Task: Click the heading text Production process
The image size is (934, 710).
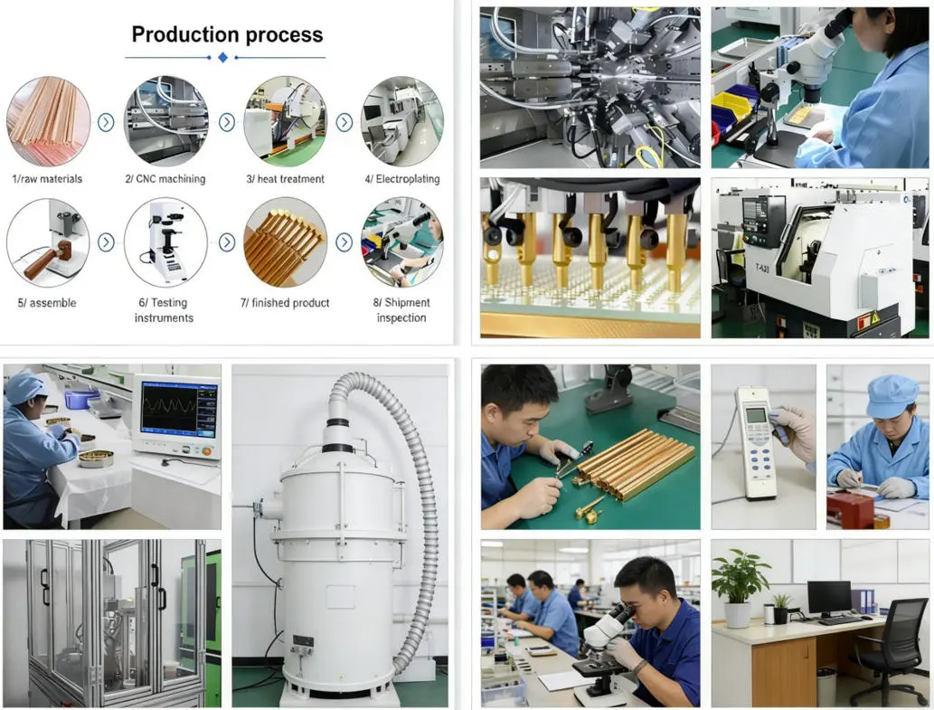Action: point(227,34)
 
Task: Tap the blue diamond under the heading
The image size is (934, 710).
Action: point(223,58)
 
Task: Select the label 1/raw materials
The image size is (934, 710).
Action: point(47,179)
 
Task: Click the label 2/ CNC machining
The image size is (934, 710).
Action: point(165,179)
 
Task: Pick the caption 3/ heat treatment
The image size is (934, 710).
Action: point(285,179)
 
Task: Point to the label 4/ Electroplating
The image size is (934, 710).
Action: point(402,179)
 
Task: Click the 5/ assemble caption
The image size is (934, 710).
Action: point(47,303)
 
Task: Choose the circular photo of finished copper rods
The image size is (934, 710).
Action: point(285,242)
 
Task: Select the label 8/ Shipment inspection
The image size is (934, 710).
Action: point(401,310)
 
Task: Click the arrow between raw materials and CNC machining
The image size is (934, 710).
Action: point(106,122)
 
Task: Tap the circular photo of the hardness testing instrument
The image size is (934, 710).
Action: point(165,242)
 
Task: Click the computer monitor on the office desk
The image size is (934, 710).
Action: point(829,597)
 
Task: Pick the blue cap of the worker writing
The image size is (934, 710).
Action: point(892,396)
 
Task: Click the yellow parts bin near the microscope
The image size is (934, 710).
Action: point(731,107)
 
